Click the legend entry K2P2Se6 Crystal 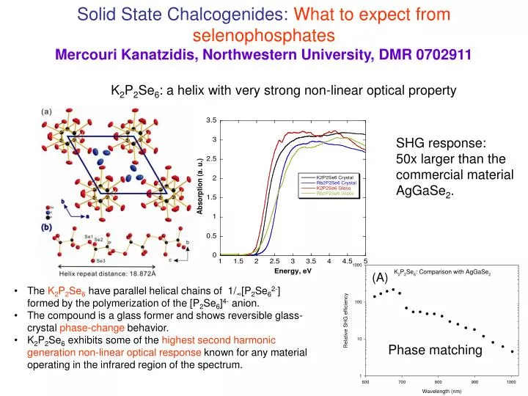coord(334,178)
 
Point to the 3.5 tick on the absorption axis coord(211,120)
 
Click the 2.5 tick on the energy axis coord(274,261)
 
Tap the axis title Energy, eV coord(293,271)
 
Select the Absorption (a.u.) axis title coord(199,187)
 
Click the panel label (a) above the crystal coord(46,111)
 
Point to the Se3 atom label coord(100,261)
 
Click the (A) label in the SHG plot coord(379,277)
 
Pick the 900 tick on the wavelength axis coord(474,383)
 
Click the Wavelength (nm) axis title coord(441,392)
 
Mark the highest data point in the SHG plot coord(393,289)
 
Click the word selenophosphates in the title coord(264,34)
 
